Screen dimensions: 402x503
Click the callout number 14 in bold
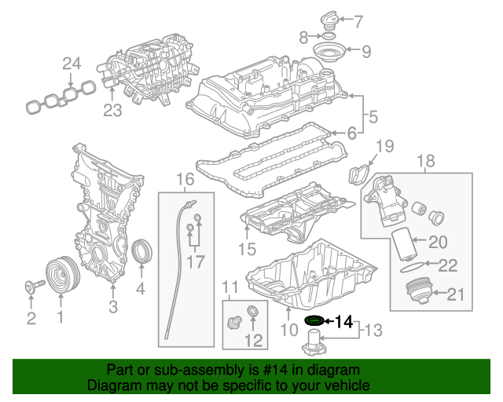(344, 320)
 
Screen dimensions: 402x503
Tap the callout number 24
(72, 64)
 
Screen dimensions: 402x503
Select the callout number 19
(383, 145)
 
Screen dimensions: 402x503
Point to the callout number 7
(358, 21)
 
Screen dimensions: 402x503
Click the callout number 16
(184, 180)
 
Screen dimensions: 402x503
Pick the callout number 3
(112, 306)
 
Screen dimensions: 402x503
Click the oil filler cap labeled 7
(332, 19)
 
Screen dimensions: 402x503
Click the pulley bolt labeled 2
(31, 287)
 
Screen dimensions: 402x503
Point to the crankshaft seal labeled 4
(142, 252)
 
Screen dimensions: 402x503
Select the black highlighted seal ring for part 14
(314, 320)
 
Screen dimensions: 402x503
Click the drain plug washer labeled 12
(253, 315)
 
